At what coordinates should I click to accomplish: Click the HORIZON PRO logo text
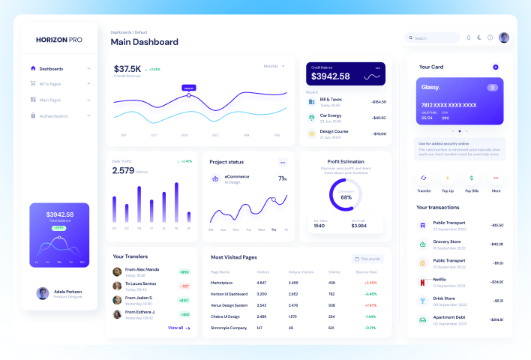pos(59,39)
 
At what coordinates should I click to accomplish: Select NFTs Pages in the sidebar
pos(50,84)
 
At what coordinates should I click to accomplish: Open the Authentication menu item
pos(53,115)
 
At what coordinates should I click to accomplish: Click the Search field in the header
pos(433,37)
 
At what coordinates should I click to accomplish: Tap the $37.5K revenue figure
pos(127,69)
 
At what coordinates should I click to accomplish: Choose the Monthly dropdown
pos(274,66)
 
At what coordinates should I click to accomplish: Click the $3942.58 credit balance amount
pos(330,76)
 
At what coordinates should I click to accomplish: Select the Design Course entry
pos(334,130)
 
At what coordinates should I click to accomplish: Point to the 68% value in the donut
pos(346,197)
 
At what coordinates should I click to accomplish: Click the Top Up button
pos(448,191)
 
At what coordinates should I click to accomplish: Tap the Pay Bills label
pos(472,191)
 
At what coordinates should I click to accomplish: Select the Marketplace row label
pos(222,283)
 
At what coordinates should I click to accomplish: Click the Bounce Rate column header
pos(367,271)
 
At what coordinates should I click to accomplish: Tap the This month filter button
pos(368,259)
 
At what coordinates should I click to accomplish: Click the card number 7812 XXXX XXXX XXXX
pos(448,105)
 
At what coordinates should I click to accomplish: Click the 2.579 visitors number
pos(123,170)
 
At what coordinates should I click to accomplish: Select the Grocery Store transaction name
pos(447,241)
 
